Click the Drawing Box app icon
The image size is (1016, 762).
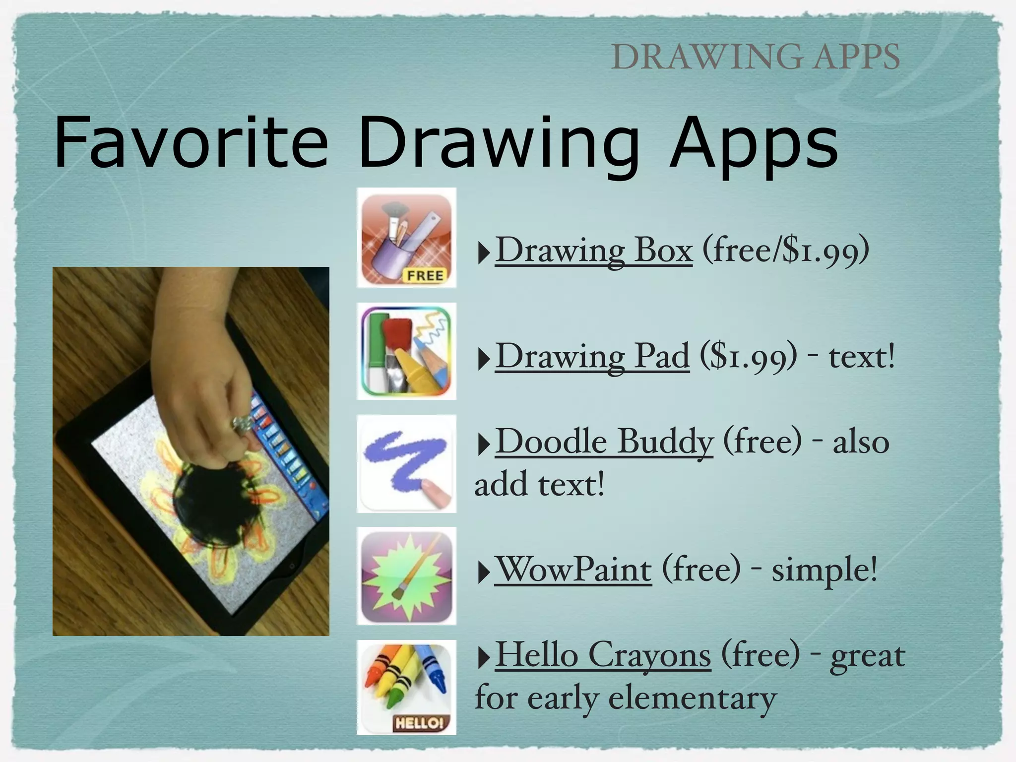pos(406,238)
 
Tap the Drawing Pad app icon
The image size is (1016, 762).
pos(406,351)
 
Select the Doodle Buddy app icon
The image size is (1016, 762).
pos(406,464)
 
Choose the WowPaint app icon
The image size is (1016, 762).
pos(406,575)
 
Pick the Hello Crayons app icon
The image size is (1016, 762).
pos(406,687)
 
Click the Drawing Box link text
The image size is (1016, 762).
pos(593,250)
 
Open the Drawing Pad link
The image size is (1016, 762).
pos(592,356)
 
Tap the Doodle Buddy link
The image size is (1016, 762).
pos(604,442)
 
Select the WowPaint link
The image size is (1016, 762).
pos(573,570)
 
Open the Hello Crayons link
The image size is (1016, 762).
pos(603,655)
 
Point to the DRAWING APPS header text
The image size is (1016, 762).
pos(755,57)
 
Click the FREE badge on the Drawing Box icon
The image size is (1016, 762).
pos(425,275)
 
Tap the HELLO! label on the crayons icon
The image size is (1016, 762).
pos(418,723)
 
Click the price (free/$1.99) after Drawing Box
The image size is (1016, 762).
pos(785,250)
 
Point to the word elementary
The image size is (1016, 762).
pos(692,698)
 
